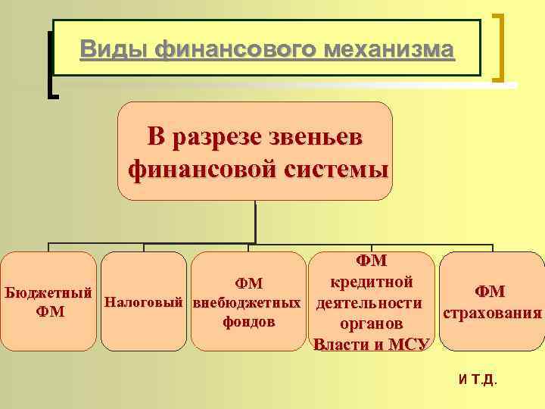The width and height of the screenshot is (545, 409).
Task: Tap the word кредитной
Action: point(371,283)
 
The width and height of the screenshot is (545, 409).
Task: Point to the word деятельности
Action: point(369,303)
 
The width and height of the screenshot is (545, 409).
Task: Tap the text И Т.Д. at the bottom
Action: point(478,379)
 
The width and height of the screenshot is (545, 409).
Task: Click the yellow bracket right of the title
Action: point(500,47)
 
